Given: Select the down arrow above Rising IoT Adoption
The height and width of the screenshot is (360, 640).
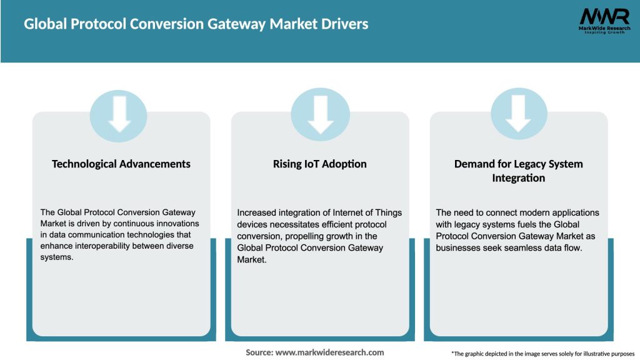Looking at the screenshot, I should [x=320, y=114].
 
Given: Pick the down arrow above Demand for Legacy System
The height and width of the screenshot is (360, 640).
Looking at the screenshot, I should [x=518, y=114].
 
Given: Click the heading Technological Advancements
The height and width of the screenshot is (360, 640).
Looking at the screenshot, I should [x=121, y=164].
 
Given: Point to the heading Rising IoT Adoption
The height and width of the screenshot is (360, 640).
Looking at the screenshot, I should [x=320, y=164].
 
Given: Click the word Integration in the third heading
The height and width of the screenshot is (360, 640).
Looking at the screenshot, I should [x=518, y=178].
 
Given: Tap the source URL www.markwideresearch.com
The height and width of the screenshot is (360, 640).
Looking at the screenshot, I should [x=329, y=352].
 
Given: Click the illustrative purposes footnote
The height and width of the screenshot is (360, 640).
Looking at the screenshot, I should [x=542, y=353].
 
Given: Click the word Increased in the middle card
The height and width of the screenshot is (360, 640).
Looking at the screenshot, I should [x=256, y=212].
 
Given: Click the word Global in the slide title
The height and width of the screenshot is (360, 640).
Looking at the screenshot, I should [x=44, y=24].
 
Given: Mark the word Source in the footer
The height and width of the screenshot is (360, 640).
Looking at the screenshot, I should [x=259, y=352].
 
